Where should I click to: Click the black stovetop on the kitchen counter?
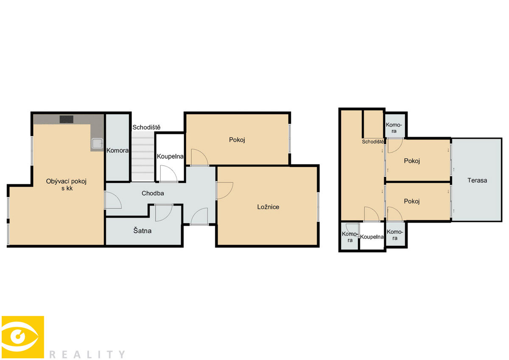click(x=66, y=119)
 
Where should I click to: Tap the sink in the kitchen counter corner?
click(x=97, y=143)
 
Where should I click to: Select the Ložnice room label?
click(x=268, y=207)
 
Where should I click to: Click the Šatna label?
click(x=142, y=231)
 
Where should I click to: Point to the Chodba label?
click(x=153, y=193)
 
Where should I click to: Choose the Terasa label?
click(x=477, y=180)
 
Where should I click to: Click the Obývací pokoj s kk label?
click(x=66, y=185)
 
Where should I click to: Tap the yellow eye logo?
click(x=23, y=337)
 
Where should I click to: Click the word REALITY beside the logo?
click(x=87, y=354)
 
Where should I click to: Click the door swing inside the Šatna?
click(x=164, y=213)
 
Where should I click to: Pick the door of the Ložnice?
click(x=224, y=191)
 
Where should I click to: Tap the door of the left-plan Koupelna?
click(x=169, y=174)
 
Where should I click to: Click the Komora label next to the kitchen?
click(x=117, y=150)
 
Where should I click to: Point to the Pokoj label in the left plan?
click(x=237, y=140)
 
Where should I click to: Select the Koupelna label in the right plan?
click(x=372, y=237)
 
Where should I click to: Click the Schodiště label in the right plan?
click(x=373, y=142)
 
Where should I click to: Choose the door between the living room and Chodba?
click(x=113, y=200)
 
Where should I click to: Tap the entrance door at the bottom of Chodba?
click(x=199, y=216)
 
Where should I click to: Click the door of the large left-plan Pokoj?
click(x=200, y=157)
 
